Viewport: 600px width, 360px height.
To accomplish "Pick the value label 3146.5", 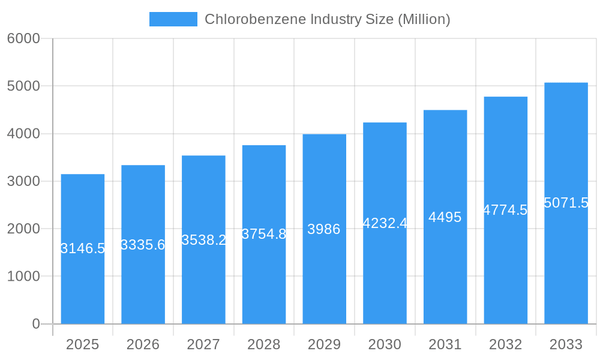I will click(x=83, y=248).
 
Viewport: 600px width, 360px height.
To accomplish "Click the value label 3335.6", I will click(x=143, y=245).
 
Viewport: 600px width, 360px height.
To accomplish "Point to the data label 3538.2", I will click(x=203, y=240).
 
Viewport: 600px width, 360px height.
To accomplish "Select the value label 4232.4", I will click(x=385, y=223).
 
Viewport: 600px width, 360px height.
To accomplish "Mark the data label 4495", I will click(x=445, y=217).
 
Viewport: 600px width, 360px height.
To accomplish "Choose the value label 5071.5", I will click(x=566, y=203).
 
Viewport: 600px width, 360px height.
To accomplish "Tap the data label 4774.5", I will click(x=505, y=210).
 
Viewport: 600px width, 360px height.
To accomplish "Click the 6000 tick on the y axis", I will click(x=23, y=38).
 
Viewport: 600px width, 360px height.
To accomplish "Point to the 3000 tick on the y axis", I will click(x=23, y=181).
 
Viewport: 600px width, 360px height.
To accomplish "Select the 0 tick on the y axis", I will click(x=35, y=324).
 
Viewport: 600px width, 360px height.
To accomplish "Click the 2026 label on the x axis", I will click(x=143, y=344).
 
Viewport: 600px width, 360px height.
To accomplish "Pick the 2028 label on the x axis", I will click(x=263, y=344).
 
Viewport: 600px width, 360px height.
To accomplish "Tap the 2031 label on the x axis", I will click(x=445, y=344).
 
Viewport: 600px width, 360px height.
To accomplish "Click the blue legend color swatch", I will click(x=173, y=19).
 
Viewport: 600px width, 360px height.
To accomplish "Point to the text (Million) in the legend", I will click(x=423, y=19).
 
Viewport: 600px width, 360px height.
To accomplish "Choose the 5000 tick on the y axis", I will click(x=23, y=86).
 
